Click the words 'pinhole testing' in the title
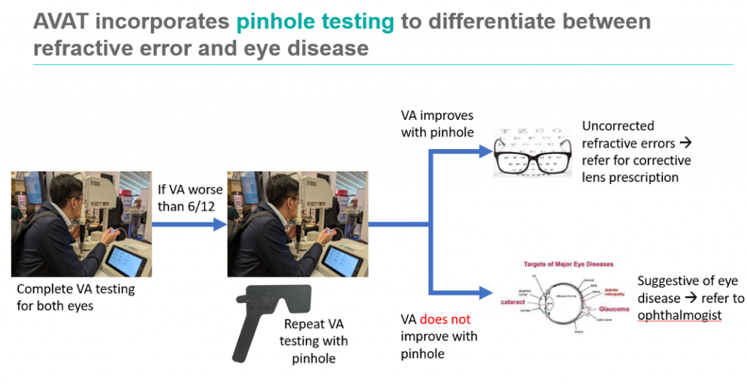(x=314, y=22)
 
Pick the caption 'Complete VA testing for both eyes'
(x=75, y=297)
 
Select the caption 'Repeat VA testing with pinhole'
(x=314, y=341)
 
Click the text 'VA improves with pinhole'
(x=437, y=124)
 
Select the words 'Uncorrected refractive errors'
(x=627, y=135)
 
